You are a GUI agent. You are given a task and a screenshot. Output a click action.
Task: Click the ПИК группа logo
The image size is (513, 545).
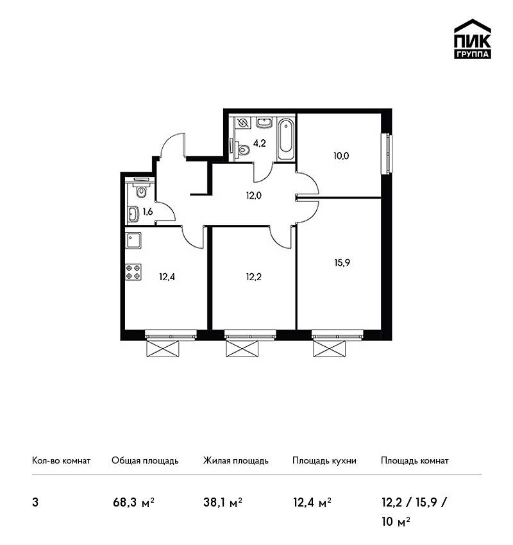tap(473, 39)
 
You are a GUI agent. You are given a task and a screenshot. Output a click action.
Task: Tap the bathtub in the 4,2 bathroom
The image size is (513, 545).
tap(286, 139)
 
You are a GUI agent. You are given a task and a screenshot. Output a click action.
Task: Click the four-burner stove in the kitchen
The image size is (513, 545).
tap(133, 272)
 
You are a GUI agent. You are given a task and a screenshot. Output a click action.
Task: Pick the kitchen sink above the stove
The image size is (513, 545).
tap(133, 240)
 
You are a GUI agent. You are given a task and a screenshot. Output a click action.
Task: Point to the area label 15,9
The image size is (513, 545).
tap(342, 263)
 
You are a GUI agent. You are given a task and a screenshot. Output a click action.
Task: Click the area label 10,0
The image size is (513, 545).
tap(341, 156)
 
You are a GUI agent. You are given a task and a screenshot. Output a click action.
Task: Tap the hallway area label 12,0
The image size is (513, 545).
tap(254, 196)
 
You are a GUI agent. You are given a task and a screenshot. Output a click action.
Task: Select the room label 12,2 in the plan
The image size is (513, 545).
tap(254, 277)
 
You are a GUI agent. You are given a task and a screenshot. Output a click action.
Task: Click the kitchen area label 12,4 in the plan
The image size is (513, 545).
tap(167, 277)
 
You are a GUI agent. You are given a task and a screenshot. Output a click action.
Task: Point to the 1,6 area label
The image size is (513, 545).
tap(147, 212)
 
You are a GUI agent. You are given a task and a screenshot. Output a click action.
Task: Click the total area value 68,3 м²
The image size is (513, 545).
tap(133, 502)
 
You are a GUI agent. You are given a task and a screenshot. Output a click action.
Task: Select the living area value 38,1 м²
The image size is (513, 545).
tap(223, 502)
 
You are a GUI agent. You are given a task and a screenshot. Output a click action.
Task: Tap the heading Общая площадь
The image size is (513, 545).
tap(145, 460)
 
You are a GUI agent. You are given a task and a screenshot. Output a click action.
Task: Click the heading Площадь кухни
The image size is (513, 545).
tap(324, 460)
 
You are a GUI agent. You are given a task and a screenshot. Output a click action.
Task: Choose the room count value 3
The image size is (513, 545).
tap(35, 503)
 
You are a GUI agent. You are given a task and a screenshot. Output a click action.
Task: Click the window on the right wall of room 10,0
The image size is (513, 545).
tap(387, 155)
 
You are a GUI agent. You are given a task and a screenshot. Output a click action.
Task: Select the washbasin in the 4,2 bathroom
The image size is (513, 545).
tap(265, 122)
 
